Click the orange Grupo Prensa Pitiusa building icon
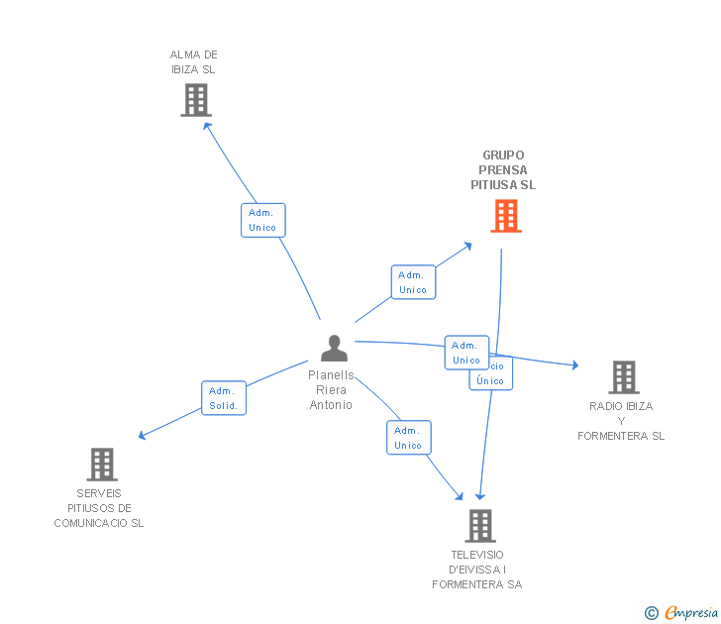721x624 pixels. tap(506, 216)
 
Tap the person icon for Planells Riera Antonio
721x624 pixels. tap(335, 349)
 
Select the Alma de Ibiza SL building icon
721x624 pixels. tap(196, 100)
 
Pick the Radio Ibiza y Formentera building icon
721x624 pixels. tap(623, 377)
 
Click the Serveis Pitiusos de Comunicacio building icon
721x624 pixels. tap(101, 465)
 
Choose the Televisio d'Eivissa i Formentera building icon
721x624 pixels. tap(479, 526)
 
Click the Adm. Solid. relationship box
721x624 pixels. tap(224, 398)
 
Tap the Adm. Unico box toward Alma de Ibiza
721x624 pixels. tap(262, 220)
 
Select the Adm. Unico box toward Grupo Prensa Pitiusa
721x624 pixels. tap(413, 282)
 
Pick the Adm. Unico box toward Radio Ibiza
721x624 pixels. tap(466, 353)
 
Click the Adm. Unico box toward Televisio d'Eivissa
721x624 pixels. tap(408, 438)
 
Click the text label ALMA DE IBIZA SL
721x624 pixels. tap(193, 62)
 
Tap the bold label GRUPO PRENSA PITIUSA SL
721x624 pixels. tap(504, 170)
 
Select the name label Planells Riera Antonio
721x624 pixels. tap(331, 390)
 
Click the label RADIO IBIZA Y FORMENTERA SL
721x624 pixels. tap(621, 421)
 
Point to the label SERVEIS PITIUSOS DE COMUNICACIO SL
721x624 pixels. tap(99, 508)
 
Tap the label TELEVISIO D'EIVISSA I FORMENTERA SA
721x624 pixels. tap(477, 570)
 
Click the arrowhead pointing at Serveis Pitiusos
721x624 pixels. tap(143, 435)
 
